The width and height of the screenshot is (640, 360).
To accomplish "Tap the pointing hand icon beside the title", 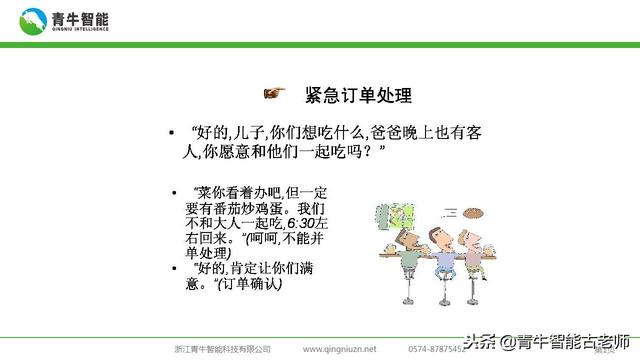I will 273,93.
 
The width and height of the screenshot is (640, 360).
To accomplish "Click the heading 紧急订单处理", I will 359,95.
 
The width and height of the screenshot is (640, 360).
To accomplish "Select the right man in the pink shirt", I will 466,254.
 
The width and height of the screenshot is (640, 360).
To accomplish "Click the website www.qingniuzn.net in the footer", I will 339,349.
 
